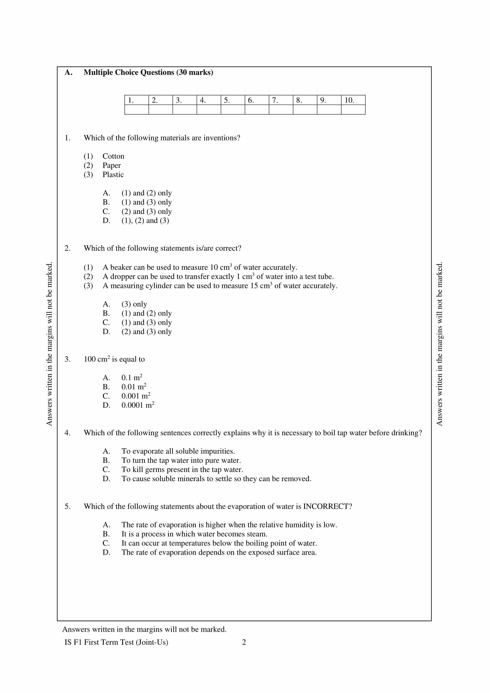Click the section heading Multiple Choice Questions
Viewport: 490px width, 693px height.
(148, 72)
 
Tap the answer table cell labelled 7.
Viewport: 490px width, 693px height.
(281, 100)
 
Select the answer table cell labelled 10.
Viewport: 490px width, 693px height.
(353, 100)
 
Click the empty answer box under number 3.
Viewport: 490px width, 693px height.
(184, 110)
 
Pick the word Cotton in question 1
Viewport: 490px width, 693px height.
(113, 156)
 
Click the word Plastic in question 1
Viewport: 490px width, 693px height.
(113, 175)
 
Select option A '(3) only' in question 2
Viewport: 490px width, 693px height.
(134, 304)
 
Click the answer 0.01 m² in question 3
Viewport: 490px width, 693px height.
(134, 387)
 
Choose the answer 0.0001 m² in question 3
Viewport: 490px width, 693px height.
(137, 405)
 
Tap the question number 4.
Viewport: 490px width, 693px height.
(67, 433)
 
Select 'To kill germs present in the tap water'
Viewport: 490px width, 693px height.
(182, 470)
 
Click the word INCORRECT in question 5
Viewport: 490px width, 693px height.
(327, 506)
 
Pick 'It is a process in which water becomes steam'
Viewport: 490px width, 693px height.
(194, 534)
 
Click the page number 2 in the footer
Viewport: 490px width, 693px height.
(244, 642)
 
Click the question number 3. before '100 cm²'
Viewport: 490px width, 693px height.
(67, 359)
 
